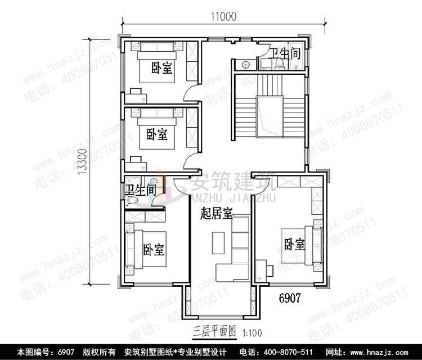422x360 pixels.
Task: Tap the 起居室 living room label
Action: pos(217,214)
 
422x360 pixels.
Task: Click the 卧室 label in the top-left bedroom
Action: pos(161,69)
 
